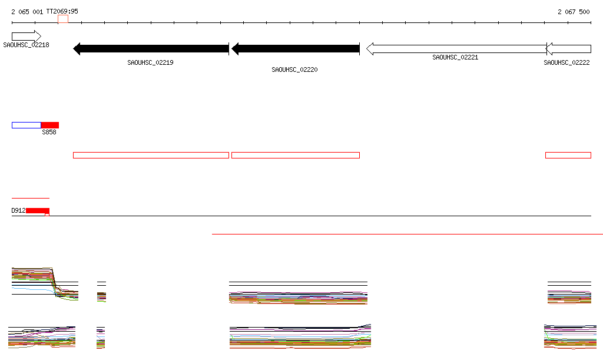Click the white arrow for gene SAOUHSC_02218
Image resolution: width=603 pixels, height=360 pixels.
[26, 37]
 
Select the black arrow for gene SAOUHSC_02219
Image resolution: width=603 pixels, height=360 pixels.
[151, 49]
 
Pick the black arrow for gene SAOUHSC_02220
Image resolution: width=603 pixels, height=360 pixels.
[296, 49]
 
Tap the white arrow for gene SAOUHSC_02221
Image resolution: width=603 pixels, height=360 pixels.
[456, 49]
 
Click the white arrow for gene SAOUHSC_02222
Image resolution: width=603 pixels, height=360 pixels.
[568, 49]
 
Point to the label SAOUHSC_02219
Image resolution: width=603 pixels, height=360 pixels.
[150, 62]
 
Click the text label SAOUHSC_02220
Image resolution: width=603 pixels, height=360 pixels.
[294, 70]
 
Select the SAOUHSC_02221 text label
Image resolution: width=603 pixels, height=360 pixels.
[455, 57]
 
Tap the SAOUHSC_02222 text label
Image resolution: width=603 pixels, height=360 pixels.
[566, 62]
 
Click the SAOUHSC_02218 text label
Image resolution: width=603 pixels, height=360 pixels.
[26, 45]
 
